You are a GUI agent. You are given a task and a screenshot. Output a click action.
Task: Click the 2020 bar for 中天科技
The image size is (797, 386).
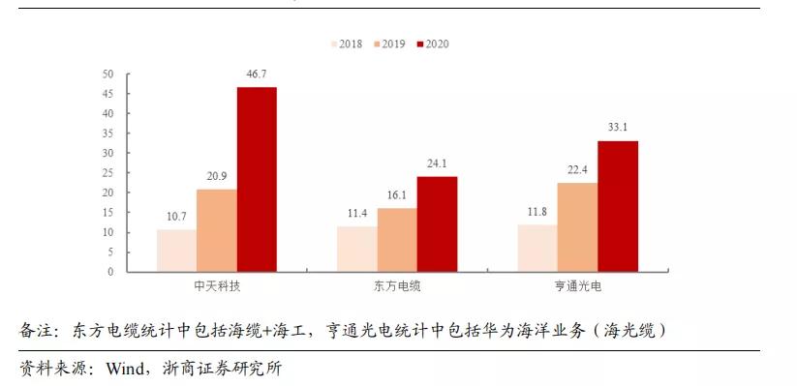[x=257, y=180]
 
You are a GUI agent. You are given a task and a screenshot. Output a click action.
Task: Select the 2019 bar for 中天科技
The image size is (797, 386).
[x=216, y=230]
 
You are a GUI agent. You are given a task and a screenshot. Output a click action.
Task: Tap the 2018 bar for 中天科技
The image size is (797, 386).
[x=176, y=251]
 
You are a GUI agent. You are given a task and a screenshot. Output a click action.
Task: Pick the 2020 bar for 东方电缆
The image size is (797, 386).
[x=437, y=224]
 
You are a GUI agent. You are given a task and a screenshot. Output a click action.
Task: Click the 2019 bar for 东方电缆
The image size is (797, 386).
[x=396, y=240]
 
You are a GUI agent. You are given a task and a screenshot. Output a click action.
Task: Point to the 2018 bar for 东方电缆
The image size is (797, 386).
[x=356, y=250]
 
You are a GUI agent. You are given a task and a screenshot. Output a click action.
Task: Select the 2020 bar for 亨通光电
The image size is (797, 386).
[x=617, y=206]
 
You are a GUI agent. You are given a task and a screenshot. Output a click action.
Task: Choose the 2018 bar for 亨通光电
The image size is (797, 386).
[x=536, y=249]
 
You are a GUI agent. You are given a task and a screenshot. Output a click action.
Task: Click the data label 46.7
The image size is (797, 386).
[x=257, y=74]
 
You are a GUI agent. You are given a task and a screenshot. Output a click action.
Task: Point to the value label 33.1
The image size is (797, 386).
[x=617, y=128]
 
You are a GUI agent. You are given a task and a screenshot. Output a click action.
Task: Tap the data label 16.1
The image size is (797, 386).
[x=396, y=196]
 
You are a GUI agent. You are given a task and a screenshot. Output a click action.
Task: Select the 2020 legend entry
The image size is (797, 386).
[x=431, y=45]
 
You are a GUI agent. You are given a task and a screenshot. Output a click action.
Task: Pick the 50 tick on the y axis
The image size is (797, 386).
[x=107, y=74]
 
